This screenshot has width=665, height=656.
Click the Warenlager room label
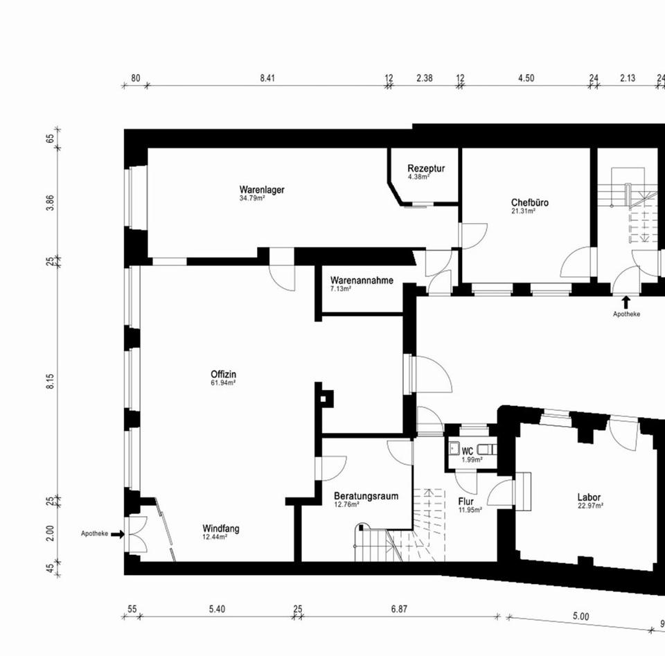click(262, 189)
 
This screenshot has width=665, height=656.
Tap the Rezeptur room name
click(426, 168)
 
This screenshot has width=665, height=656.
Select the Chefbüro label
click(530, 203)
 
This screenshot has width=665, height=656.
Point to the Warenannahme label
click(362, 281)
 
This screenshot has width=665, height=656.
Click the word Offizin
click(224, 375)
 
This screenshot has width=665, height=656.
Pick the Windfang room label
click(221, 529)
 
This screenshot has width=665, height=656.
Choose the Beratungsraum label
click(366, 496)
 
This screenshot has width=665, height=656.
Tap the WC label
click(468, 451)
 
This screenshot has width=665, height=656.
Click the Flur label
click(466, 502)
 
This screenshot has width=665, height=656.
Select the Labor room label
click(589, 497)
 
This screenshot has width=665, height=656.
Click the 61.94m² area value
click(224, 383)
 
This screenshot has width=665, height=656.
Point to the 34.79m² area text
click(251, 198)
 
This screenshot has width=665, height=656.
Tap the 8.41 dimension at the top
click(267, 78)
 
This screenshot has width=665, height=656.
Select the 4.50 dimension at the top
click(526, 78)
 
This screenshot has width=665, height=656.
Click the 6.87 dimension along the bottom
click(398, 609)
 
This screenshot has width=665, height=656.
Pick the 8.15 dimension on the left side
click(51, 382)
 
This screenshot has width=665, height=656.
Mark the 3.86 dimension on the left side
click(51, 202)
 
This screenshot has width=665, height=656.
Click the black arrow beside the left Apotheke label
click(117, 534)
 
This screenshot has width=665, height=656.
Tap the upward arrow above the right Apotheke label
click(626, 302)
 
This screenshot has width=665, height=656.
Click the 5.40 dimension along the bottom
click(217, 609)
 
